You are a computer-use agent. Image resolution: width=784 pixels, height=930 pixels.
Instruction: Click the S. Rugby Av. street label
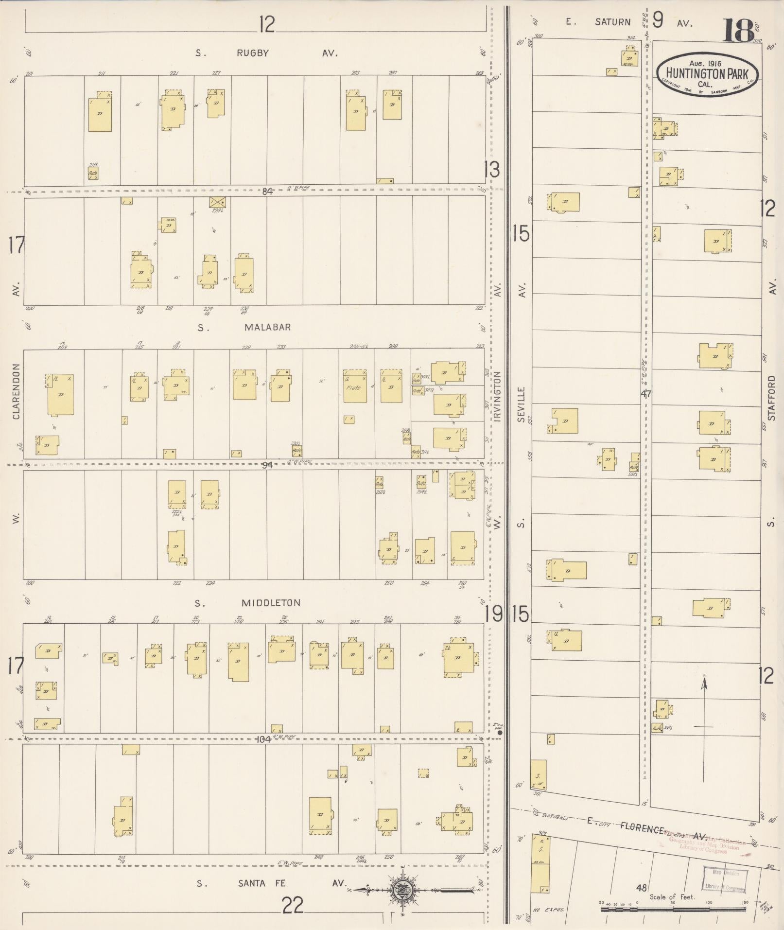(x=252, y=53)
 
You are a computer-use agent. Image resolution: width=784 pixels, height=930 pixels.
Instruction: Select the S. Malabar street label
(x=267, y=327)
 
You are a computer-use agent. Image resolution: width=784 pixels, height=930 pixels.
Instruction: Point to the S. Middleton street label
(x=271, y=603)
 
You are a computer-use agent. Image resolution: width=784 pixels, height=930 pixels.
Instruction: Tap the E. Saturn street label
(x=611, y=22)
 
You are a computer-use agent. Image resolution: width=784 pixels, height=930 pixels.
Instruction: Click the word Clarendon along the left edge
(x=16, y=391)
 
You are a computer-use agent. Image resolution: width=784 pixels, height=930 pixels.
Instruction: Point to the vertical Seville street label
(x=521, y=404)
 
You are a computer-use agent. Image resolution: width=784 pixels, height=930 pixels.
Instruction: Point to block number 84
(x=267, y=191)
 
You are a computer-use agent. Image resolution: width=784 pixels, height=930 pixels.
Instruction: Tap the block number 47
(x=645, y=394)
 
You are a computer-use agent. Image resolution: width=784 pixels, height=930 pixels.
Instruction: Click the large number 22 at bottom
(x=293, y=905)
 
